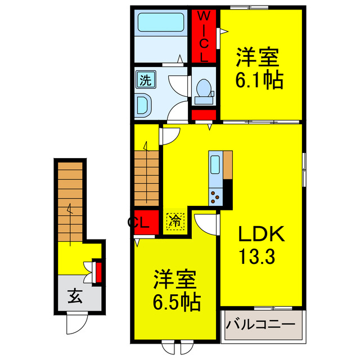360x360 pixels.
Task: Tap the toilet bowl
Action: pos(204,90)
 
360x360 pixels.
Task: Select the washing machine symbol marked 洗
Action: pos(145,80)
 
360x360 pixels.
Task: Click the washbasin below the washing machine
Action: pos(144,104)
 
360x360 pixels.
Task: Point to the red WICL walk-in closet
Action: pos(204,36)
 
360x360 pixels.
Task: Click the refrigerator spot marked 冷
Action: pos(175,219)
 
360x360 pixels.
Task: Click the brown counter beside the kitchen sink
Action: pos(228,165)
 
